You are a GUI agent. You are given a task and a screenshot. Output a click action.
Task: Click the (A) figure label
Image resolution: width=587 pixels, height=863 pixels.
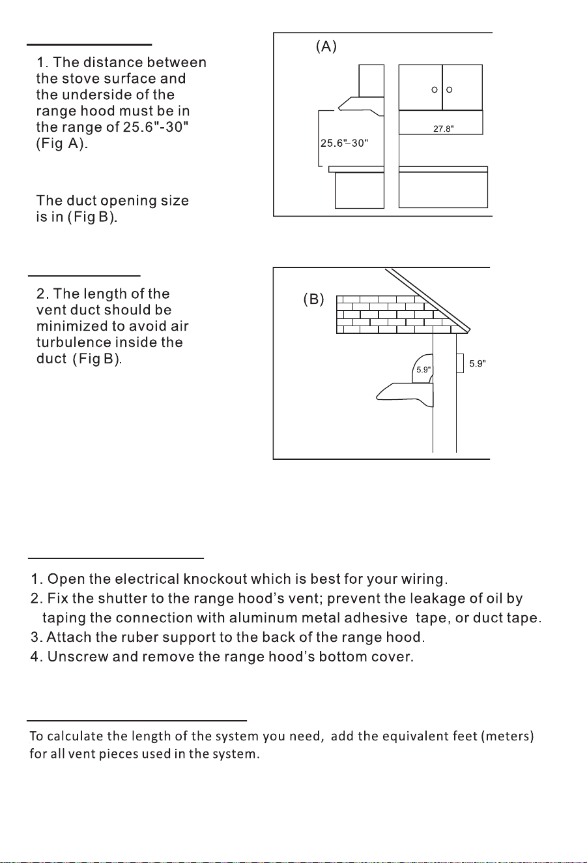point(326,46)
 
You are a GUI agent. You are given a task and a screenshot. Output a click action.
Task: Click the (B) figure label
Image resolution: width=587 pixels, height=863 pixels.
point(314,299)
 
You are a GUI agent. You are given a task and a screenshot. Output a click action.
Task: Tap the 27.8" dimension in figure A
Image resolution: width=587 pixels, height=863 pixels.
point(444,129)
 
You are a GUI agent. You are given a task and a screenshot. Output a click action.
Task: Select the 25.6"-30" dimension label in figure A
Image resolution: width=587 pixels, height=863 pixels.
point(344,143)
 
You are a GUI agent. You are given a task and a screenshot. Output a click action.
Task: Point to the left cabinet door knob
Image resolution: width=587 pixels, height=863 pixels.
point(435,90)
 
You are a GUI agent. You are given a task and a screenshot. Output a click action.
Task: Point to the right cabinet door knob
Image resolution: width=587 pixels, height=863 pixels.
point(449,90)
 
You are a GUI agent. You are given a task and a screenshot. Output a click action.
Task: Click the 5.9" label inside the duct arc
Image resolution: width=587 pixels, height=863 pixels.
point(423,369)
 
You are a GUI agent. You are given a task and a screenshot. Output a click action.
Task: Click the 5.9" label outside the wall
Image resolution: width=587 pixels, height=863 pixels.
point(478,363)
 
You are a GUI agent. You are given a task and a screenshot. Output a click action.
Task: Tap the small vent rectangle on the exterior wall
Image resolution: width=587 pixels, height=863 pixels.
point(460,363)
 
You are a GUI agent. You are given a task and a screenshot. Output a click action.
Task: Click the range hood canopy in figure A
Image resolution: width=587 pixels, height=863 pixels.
point(361,106)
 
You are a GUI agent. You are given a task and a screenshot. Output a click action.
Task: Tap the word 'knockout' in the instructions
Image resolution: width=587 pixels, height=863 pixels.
point(215,579)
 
